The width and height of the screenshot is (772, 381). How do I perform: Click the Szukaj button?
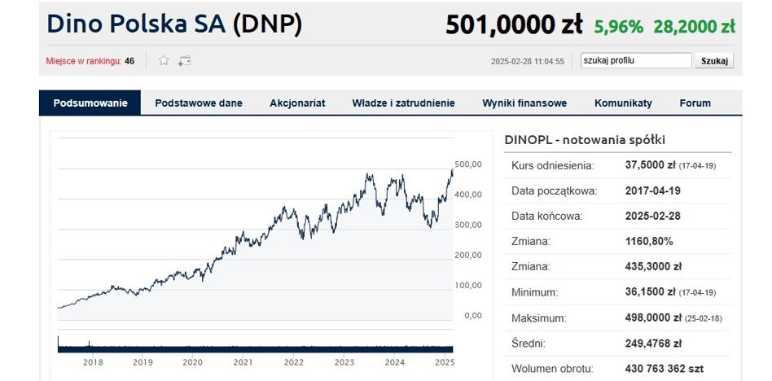click(x=714, y=61)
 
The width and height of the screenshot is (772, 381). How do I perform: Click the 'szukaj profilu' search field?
click(x=635, y=61)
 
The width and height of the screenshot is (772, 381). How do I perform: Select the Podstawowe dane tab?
click(x=199, y=103)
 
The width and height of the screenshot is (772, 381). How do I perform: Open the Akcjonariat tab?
click(x=297, y=103)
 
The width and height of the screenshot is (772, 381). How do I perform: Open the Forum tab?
click(x=695, y=103)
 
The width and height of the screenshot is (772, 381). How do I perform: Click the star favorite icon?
click(x=164, y=61)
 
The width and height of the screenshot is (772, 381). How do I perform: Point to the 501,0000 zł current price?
click(x=513, y=25)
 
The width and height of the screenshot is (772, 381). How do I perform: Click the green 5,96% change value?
click(x=618, y=27)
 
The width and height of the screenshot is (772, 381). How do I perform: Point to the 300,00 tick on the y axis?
click(x=468, y=225)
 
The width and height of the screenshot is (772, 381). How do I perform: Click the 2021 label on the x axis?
click(x=243, y=363)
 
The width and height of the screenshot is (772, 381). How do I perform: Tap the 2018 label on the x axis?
click(x=93, y=363)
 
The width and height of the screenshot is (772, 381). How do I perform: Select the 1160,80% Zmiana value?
click(x=649, y=242)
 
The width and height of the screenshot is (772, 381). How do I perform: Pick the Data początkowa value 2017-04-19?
click(x=652, y=191)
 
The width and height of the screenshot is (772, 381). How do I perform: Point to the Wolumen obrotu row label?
click(x=552, y=369)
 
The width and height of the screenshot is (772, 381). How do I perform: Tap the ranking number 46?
click(x=129, y=61)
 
